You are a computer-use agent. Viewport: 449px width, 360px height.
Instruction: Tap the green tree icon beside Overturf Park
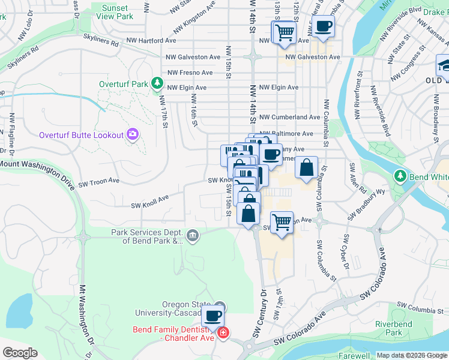(157, 83)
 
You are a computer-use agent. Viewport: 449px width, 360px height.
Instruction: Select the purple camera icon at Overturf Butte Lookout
(133, 135)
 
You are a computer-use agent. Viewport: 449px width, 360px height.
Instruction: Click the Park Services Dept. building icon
(191, 235)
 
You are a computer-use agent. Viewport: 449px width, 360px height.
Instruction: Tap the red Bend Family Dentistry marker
(223, 332)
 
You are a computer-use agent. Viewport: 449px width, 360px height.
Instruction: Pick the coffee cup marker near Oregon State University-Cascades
(212, 316)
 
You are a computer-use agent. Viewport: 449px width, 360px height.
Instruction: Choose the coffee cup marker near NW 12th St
(324, 26)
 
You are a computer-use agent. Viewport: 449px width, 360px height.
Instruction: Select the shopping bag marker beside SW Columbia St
(306, 169)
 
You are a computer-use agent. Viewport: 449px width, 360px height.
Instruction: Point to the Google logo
(20, 353)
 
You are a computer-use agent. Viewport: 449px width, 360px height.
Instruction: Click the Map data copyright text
(411, 355)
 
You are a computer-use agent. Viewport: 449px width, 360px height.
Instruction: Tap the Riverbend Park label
(405, 328)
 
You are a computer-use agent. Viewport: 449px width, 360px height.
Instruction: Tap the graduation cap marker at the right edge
(444, 65)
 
